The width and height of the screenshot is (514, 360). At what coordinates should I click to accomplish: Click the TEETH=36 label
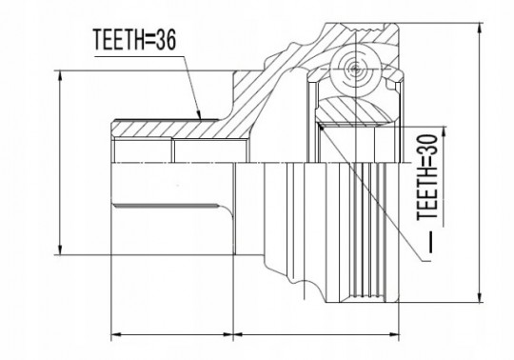coord(135,40)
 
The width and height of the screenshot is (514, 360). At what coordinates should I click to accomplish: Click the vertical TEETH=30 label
coord(427,176)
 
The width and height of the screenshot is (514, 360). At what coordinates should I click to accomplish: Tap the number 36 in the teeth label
coord(166,40)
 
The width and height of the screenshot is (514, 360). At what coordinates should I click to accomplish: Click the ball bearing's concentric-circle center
coord(356,69)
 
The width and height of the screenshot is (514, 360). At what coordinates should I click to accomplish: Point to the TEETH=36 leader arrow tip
coord(200,118)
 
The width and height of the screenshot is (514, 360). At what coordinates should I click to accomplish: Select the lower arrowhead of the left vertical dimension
coord(60,250)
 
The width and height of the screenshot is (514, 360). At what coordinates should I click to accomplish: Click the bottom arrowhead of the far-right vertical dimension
coord(480,298)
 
